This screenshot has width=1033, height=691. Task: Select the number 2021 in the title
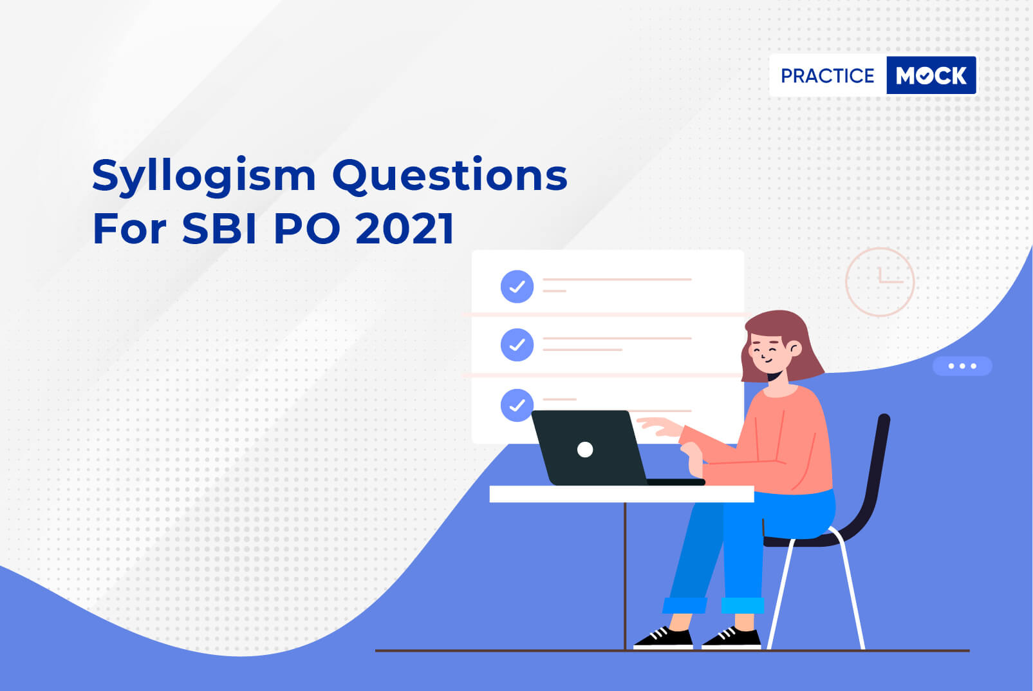tap(405, 228)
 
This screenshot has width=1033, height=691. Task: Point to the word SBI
tap(219, 228)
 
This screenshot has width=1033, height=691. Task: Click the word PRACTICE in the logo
tap(827, 76)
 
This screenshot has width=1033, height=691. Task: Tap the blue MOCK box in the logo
tap(931, 75)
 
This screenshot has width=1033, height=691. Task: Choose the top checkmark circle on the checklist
tap(517, 287)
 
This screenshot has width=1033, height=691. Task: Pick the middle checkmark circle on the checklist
tap(517, 345)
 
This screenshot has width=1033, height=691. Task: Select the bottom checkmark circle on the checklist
tap(517, 405)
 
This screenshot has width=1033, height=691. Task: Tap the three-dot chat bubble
tap(962, 366)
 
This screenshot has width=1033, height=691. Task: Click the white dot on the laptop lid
tap(585, 450)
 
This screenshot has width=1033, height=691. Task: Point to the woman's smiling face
tap(768, 354)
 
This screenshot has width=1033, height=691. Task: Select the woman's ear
tap(795, 348)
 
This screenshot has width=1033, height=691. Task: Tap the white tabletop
tap(622, 494)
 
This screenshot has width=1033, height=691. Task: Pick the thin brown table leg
tap(625, 576)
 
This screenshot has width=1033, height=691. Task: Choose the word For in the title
tap(129, 228)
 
